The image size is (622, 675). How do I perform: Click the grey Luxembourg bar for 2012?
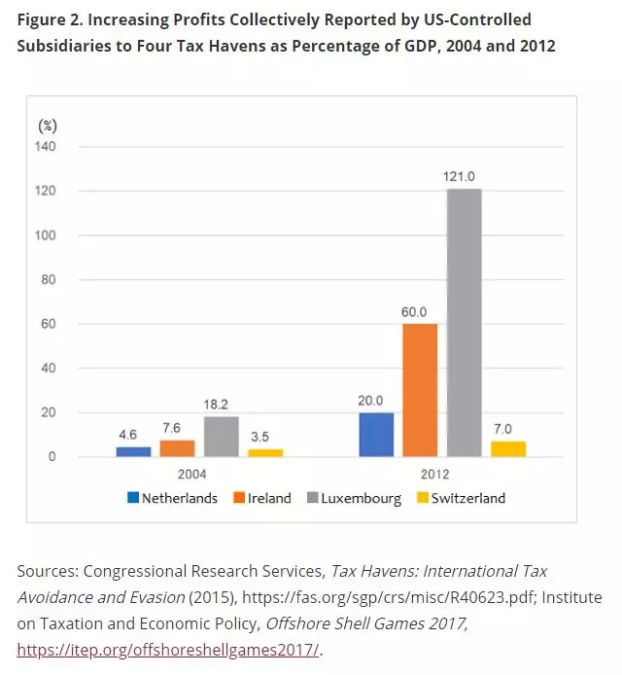tap(464, 322)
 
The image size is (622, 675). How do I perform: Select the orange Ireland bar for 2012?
tap(420, 390)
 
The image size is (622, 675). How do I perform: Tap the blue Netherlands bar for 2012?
tap(376, 434)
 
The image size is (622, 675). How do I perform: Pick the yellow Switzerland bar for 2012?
tap(508, 448)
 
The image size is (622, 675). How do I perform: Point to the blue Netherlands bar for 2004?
tap(133, 451)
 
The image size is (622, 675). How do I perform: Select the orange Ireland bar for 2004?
tap(177, 448)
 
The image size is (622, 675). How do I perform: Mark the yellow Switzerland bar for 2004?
tap(264, 452)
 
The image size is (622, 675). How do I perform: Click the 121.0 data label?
tap(465, 176)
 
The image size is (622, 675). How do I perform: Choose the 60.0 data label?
tap(420, 311)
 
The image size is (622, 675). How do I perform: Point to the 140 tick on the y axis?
tap(47, 147)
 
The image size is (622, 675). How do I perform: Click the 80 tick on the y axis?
tap(50, 280)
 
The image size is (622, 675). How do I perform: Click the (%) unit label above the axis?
tap(48, 125)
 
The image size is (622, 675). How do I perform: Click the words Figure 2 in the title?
tap(48, 20)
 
